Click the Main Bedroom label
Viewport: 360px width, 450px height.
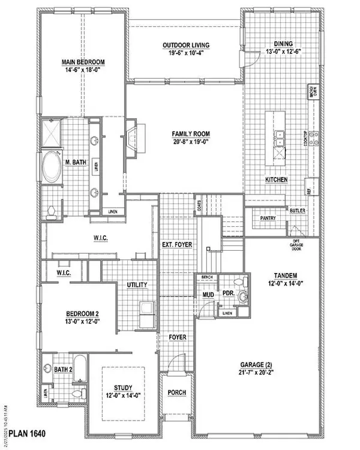click(82, 62)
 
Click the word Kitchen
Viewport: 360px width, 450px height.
click(277, 180)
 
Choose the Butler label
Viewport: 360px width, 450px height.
click(297, 211)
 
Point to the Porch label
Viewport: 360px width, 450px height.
click(177, 393)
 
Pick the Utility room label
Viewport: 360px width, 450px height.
click(137, 285)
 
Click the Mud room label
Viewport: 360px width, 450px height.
click(207, 295)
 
